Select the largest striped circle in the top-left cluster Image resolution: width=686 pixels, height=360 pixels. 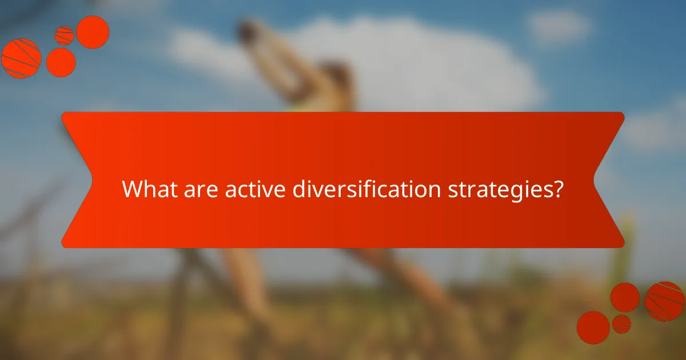[21, 58]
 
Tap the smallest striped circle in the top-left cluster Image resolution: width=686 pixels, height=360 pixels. [64, 35]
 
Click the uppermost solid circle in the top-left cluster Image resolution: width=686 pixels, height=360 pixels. [93, 31]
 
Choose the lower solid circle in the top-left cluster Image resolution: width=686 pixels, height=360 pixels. [61, 62]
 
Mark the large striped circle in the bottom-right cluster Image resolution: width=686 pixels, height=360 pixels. [664, 301]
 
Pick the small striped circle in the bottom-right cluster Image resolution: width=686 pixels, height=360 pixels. [621, 323]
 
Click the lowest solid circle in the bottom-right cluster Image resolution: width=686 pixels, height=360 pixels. [593, 327]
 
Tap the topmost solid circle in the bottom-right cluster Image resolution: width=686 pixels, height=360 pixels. [625, 297]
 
